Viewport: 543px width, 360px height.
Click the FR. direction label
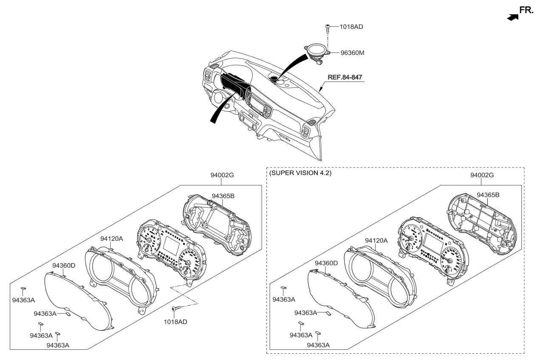click(526, 10)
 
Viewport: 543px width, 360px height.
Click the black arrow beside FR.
click(513, 17)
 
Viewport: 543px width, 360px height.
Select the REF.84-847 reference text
click(345, 77)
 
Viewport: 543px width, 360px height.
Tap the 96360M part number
click(352, 53)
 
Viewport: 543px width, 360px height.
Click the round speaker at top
click(317, 52)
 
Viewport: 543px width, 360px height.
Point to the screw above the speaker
click(328, 29)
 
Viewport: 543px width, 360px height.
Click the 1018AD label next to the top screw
click(351, 27)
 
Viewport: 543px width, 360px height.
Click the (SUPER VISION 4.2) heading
click(300, 173)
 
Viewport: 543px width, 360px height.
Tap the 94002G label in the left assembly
click(222, 175)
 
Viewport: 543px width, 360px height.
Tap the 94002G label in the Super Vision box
click(482, 175)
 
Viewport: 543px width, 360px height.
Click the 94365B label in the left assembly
click(223, 196)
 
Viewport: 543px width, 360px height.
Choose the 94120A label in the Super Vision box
click(376, 241)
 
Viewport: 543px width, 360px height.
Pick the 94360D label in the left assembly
click(64, 265)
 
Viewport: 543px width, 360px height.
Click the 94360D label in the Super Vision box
click(326, 263)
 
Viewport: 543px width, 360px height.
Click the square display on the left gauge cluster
click(171, 246)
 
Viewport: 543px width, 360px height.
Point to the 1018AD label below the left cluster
click(175, 322)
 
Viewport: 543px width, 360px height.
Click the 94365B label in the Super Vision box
click(488, 195)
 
